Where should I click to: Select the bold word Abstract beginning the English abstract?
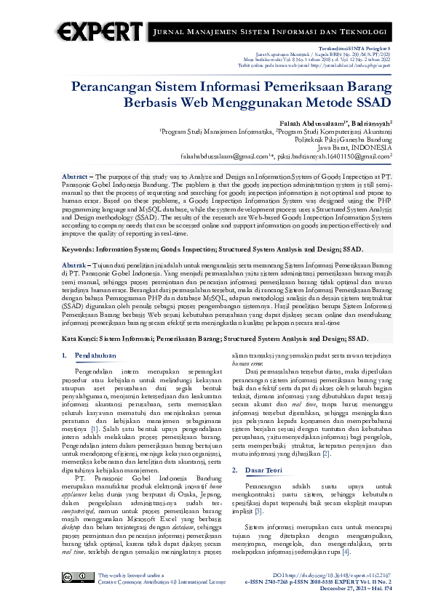tap(75, 177)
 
